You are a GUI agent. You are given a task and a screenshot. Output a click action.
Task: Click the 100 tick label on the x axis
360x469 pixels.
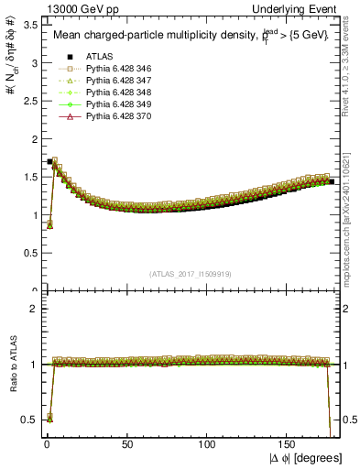208,444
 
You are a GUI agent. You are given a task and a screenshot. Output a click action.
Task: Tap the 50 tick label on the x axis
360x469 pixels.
126,444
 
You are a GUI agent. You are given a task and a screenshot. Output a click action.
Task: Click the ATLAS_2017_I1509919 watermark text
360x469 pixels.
189,273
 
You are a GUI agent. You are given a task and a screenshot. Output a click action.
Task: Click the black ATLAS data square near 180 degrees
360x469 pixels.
331,181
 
